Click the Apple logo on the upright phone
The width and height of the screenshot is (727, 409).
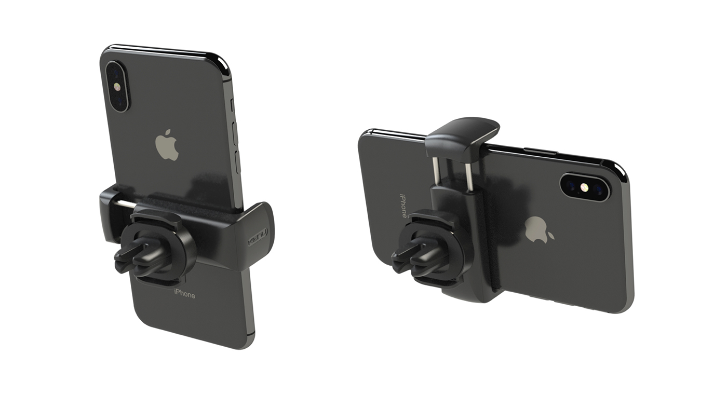pyautogui.click(x=167, y=146)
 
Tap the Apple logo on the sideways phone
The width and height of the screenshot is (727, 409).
pyautogui.click(x=538, y=229)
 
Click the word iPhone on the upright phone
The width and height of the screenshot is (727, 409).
pyautogui.click(x=184, y=295)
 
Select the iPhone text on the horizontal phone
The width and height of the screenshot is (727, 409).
pyautogui.click(x=402, y=206)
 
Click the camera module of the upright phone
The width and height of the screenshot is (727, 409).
pyautogui.click(x=117, y=87)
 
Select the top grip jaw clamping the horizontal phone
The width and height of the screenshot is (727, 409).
pyautogui.click(x=462, y=135)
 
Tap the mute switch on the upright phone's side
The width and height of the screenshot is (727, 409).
pyautogui.click(x=233, y=104)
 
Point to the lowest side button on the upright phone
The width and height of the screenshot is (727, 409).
pyautogui.click(x=238, y=162)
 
